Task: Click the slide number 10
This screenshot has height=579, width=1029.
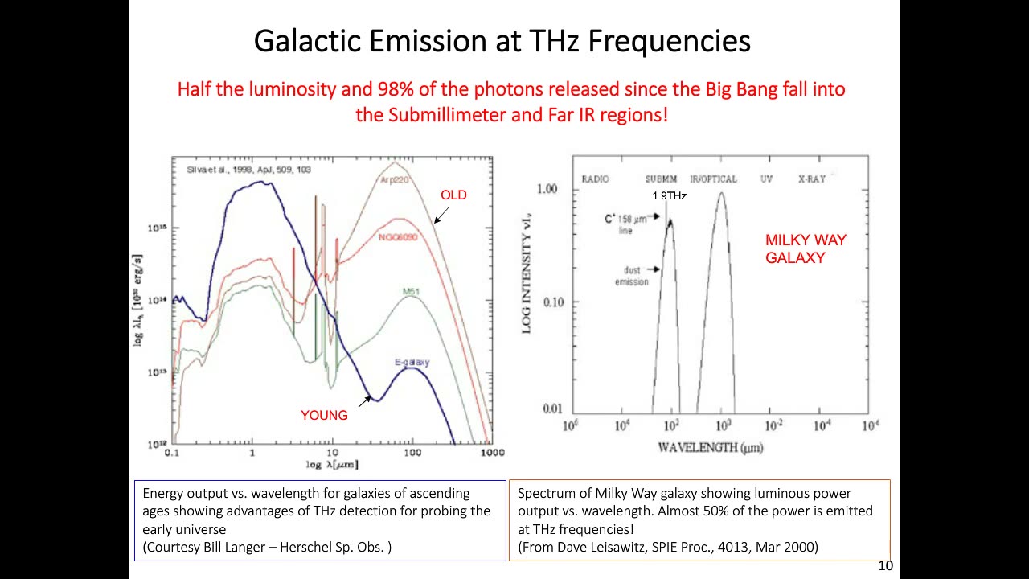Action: (x=885, y=566)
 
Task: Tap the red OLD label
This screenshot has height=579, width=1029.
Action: (x=453, y=195)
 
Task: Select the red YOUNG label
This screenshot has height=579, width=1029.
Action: (x=324, y=416)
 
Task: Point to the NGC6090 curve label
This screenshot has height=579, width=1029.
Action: (x=398, y=238)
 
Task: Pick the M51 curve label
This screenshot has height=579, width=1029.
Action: (x=411, y=292)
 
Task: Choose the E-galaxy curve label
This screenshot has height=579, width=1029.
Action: (x=412, y=362)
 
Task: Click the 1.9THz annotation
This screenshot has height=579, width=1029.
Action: (x=669, y=195)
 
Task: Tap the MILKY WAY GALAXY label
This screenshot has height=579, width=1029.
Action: (x=806, y=248)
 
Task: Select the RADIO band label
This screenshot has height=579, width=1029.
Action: (x=595, y=179)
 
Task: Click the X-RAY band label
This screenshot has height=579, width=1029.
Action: (x=811, y=179)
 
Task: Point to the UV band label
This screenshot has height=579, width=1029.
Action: (x=766, y=179)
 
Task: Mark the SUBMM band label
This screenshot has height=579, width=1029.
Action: (x=661, y=179)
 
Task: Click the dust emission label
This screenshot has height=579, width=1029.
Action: (x=631, y=276)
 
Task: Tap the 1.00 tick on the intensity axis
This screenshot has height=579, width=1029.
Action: (x=547, y=189)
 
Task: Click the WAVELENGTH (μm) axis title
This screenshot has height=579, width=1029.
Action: (x=711, y=447)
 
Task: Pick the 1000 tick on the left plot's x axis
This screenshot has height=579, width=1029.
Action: (x=492, y=453)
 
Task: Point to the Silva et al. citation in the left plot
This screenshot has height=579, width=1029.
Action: (x=248, y=170)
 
